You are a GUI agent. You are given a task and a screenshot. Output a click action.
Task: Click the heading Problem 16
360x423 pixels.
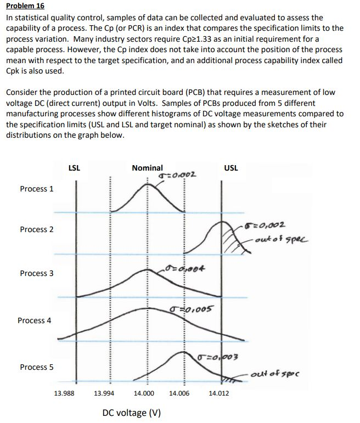pos(26,6)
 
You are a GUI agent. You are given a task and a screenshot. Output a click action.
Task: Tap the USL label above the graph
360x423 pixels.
pos(231,168)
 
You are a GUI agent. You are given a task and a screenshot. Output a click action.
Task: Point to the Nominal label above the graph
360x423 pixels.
pos(147,168)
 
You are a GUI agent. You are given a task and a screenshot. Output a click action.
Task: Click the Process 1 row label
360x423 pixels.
pos(37,189)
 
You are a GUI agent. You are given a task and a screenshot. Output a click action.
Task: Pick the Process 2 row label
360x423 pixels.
pos(37,229)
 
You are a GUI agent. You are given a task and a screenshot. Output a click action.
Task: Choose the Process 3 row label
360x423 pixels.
pos(37,273)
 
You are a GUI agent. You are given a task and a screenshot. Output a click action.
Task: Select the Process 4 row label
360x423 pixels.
pos(35,320)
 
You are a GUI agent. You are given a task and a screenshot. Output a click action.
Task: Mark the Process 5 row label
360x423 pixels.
pos(37,367)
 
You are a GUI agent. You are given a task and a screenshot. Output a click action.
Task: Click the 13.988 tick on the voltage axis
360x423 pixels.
pos(65,393)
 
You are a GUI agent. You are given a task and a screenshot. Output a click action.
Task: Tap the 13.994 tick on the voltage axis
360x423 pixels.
pos(105,393)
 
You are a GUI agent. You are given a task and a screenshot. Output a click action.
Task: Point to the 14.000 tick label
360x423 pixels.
pos(144,393)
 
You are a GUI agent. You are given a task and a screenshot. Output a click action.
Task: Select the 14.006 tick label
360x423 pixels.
pos(181,393)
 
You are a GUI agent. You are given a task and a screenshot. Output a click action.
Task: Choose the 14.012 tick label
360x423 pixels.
pos(220,393)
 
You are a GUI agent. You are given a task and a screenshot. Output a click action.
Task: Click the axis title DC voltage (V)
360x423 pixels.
pos(131,413)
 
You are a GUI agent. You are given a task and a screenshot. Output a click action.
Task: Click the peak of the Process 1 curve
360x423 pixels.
pos(147,185)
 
